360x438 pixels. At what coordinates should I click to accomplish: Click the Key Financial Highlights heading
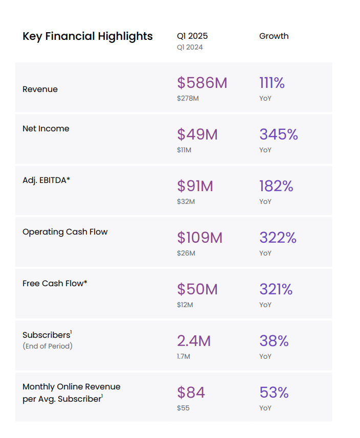click(87, 36)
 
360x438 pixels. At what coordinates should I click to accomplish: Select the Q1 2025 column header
click(192, 36)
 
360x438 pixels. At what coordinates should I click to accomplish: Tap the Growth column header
click(274, 36)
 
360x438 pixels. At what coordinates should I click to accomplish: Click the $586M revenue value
click(202, 83)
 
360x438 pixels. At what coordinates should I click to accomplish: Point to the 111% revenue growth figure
click(272, 83)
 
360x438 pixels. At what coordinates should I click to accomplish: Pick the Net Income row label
click(46, 129)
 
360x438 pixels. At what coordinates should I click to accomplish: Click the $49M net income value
click(197, 134)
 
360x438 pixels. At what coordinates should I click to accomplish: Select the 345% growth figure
click(279, 134)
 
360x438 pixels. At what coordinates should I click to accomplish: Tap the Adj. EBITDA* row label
click(47, 180)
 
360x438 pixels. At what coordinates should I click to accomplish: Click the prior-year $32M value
click(186, 201)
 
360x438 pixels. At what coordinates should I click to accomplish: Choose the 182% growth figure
click(276, 186)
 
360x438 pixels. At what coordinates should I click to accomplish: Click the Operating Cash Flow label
click(65, 232)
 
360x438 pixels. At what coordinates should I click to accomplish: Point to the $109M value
click(200, 238)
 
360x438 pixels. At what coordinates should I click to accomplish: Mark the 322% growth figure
click(278, 238)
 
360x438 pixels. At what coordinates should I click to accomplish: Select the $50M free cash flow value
click(197, 289)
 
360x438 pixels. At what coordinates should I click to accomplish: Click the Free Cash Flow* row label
click(55, 283)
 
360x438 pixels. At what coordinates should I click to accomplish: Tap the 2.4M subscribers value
click(194, 341)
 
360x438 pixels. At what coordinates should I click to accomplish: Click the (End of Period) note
click(48, 346)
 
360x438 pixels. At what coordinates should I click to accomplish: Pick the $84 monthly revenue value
click(191, 393)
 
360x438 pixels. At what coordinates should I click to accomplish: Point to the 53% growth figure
click(274, 393)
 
